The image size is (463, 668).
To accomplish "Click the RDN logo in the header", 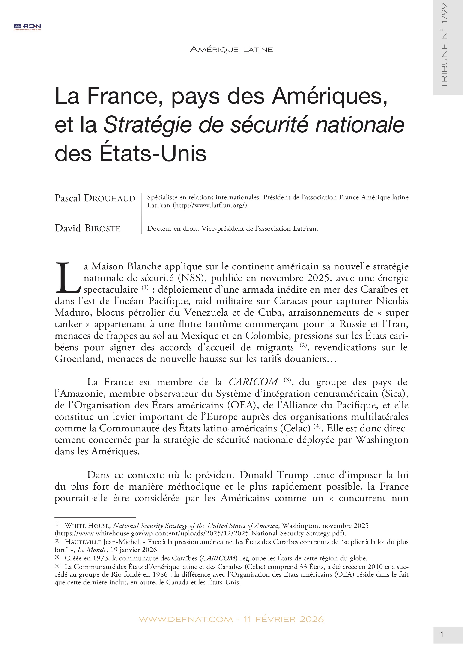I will pyautogui.click(x=27, y=27).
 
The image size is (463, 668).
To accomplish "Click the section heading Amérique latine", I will pyautogui.click(x=231, y=50).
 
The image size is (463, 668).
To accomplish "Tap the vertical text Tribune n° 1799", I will pyautogui.click(x=444, y=46).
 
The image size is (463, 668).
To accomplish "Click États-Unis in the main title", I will pyautogui.click(x=153, y=154).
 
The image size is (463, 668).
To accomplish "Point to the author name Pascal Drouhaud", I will pyautogui.click(x=95, y=198).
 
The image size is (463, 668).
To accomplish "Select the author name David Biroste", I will pyautogui.click(x=87, y=228).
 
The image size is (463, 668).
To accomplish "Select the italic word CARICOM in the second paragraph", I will pyautogui.click(x=253, y=382).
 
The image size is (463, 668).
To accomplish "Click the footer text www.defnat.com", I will pyautogui.click(x=186, y=619).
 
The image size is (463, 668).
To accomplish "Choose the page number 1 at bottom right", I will pyautogui.click(x=442, y=634).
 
